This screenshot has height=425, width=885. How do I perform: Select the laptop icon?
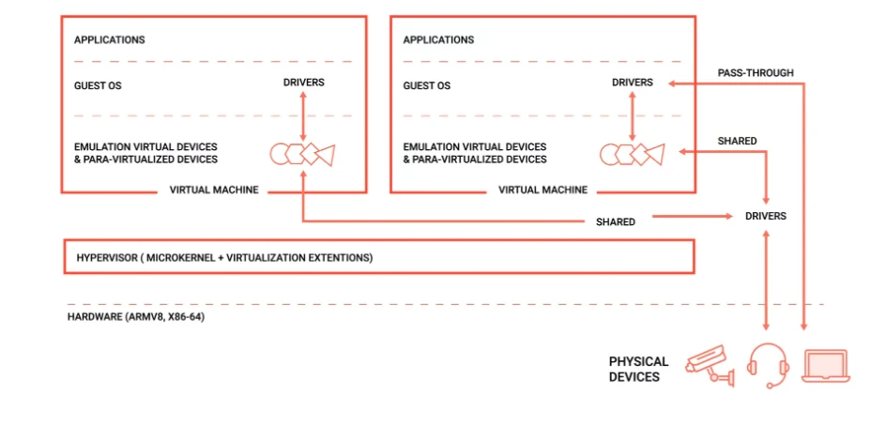pyautogui.click(x=826, y=366)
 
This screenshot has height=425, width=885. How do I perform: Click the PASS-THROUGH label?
pyautogui.click(x=755, y=72)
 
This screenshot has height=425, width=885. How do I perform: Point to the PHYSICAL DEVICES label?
pyautogui.click(x=638, y=369)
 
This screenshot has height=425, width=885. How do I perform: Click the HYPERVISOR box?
pyautogui.click(x=378, y=257)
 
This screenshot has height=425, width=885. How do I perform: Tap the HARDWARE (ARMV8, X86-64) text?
pyautogui.click(x=136, y=317)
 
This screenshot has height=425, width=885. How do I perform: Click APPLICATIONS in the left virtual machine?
pyautogui.click(x=110, y=40)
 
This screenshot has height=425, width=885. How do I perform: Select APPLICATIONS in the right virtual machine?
pyautogui.click(x=438, y=40)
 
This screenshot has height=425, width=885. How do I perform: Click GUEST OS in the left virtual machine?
pyautogui.click(x=98, y=85)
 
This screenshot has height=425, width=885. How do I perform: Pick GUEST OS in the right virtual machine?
pyautogui.click(x=427, y=85)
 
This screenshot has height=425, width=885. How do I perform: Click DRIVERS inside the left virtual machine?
pyautogui.click(x=303, y=83)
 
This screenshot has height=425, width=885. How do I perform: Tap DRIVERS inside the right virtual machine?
pyautogui.click(x=633, y=83)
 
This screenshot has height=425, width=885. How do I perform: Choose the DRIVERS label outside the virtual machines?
pyautogui.click(x=766, y=216)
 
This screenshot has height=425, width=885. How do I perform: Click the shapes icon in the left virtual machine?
pyautogui.click(x=302, y=154)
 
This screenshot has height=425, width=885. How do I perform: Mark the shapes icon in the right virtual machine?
pyautogui.click(x=632, y=154)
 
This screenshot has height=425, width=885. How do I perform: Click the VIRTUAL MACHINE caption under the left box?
pyautogui.click(x=214, y=190)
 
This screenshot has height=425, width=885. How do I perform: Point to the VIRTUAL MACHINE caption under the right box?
pyautogui.click(x=543, y=190)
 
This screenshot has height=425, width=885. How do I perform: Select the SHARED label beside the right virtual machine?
pyautogui.click(x=737, y=142)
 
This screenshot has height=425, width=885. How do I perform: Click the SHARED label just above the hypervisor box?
pyautogui.click(x=616, y=222)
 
